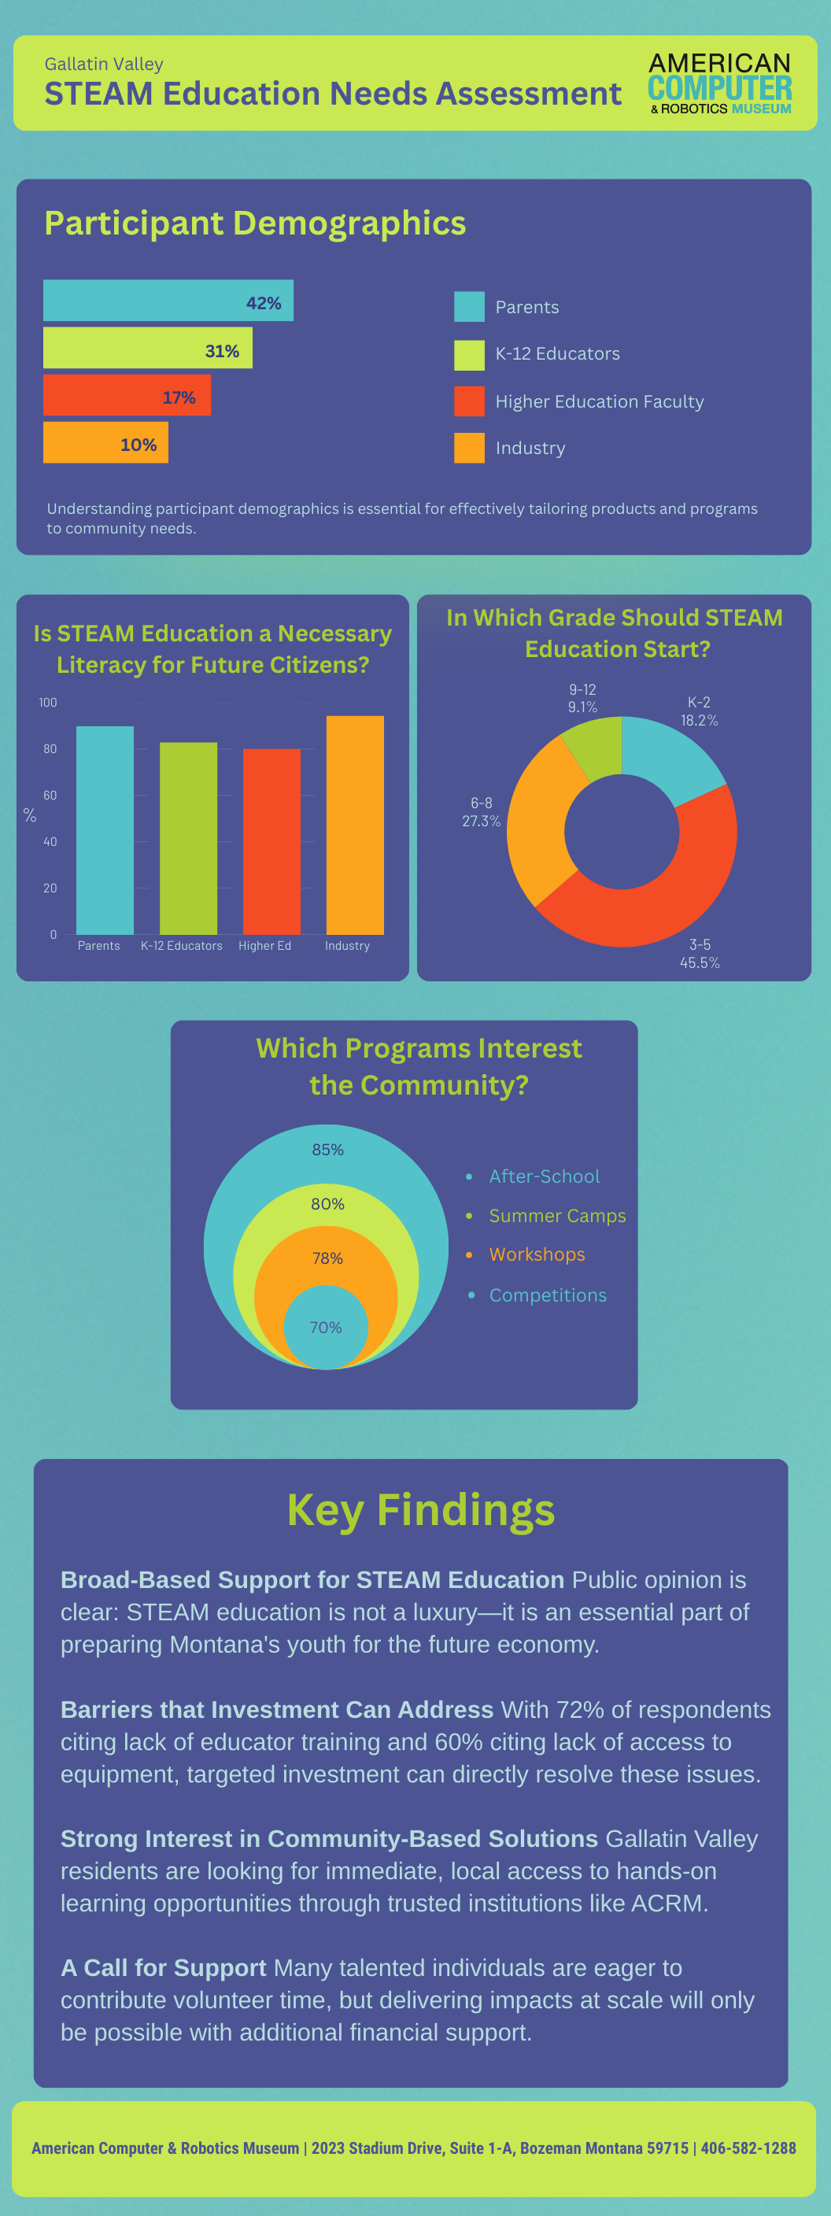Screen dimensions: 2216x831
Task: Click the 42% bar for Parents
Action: click(x=168, y=301)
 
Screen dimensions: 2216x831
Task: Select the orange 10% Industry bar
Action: click(x=105, y=442)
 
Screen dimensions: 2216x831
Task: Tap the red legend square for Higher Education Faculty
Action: click(x=469, y=401)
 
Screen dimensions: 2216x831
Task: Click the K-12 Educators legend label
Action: click(x=556, y=353)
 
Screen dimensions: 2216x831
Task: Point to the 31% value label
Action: click(x=222, y=351)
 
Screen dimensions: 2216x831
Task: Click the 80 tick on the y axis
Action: click(x=50, y=748)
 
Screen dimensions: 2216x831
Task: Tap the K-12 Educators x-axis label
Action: click(x=182, y=945)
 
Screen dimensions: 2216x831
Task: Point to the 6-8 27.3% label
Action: click(x=481, y=812)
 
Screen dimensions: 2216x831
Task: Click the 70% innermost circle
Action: click(x=326, y=1327)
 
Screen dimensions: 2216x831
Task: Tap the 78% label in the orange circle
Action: click(x=327, y=1258)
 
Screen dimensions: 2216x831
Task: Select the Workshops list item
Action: click(x=537, y=1254)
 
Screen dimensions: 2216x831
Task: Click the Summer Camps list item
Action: click(x=556, y=1216)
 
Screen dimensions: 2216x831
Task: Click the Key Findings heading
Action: click(x=421, y=1510)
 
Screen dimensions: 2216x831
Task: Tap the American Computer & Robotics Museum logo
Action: click(x=719, y=83)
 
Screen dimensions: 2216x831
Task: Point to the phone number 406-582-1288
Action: click(x=748, y=2148)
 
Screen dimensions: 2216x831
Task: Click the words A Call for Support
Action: click(x=163, y=1967)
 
